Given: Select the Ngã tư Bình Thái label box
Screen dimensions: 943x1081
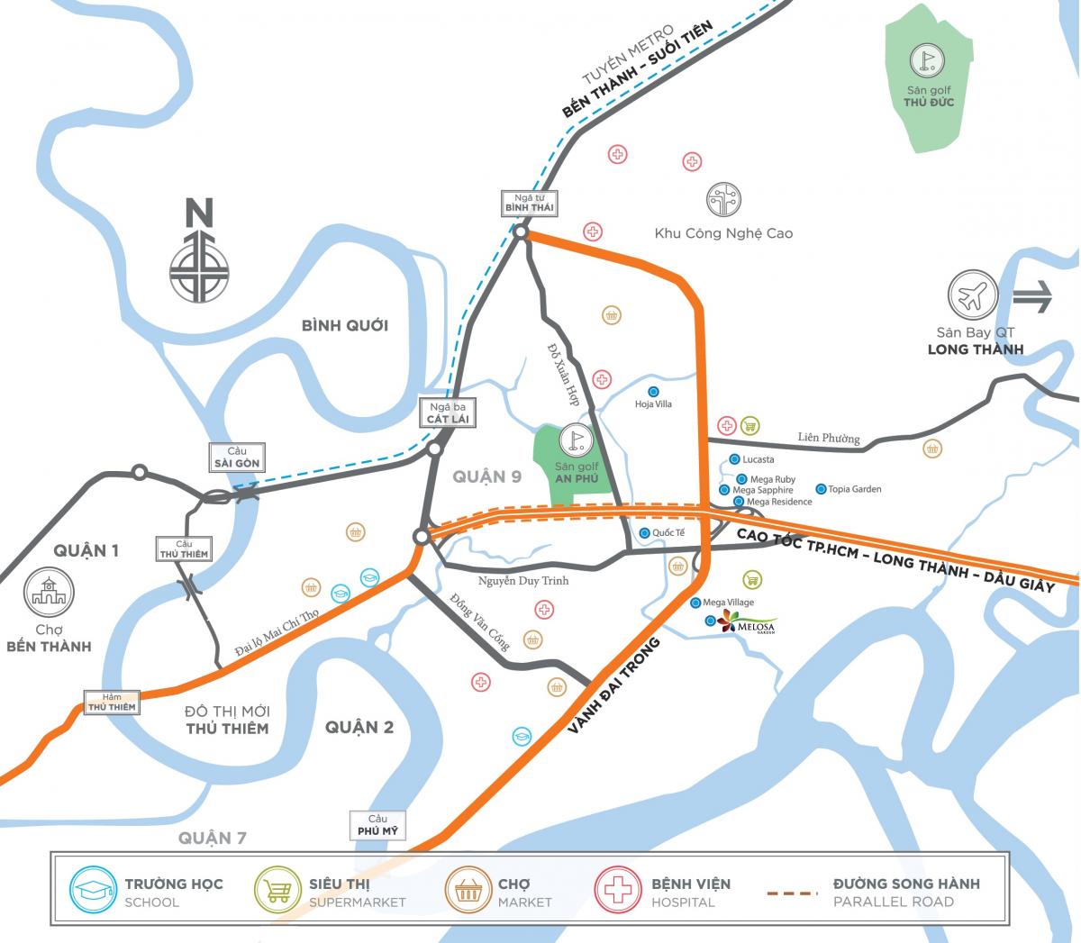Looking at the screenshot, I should (x=529, y=203).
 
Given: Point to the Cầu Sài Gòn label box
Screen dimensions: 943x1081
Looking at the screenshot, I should (x=237, y=458).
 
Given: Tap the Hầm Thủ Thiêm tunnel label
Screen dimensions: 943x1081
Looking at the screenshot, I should (x=112, y=702).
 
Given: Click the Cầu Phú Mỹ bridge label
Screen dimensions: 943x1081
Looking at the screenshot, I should (x=377, y=825).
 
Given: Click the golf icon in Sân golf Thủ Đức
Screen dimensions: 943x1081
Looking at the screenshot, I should (x=928, y=60).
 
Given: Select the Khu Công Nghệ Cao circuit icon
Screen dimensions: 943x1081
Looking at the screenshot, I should (x=723, y=200).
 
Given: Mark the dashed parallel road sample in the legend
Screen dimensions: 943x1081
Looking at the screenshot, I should (x=792, y=893).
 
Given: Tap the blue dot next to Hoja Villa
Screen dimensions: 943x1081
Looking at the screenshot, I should (x=653, y=391).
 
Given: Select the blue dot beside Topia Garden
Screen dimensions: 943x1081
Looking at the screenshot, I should (x=821, y=489).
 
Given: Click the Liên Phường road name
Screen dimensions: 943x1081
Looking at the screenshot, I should (x=829, y=438).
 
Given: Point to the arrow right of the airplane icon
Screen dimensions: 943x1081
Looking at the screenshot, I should (x=1032, y=296).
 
